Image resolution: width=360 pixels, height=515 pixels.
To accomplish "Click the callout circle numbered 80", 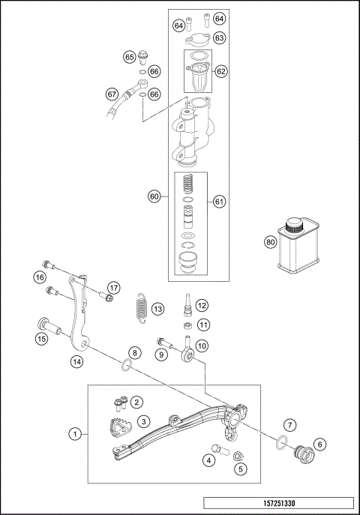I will [270, 242].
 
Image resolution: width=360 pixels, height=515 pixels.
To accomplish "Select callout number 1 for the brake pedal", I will [74, 433].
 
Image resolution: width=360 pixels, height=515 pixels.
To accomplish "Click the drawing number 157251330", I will [278, 505].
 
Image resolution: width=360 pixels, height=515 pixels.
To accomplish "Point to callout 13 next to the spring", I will [157, 309].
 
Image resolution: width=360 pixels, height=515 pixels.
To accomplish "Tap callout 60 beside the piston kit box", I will [154, 196].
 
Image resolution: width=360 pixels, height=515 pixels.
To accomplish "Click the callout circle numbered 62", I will [220, 71].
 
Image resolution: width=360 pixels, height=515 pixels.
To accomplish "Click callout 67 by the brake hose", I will [112, 94].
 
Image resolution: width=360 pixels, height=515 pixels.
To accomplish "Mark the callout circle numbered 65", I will [129, 57].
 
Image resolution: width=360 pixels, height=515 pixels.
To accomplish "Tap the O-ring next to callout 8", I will [127, 366].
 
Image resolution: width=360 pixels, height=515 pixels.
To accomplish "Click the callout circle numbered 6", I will [321, 445].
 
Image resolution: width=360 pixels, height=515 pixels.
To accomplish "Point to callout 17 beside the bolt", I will [112, 287].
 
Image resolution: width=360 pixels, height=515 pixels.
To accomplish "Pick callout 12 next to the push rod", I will [202, 305].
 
